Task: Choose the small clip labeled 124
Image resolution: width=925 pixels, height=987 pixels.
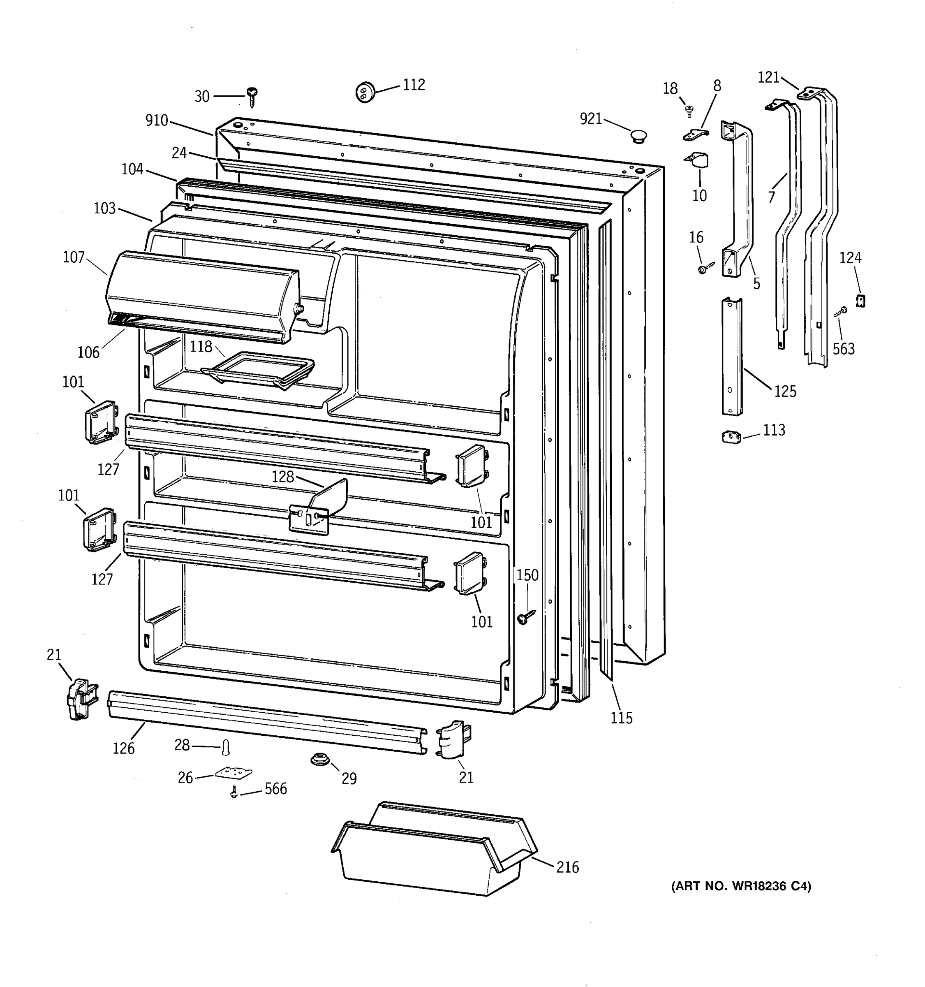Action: pos(860,300)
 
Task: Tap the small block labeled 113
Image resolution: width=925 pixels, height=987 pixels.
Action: pos(731,437)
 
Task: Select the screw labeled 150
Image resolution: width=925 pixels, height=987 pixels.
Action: pos(525,617)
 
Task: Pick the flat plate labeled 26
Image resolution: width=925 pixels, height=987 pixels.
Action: pos(233,773)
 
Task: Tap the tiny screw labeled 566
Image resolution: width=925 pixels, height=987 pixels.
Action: pos(233,792)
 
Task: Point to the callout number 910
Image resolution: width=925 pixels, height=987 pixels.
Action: pos(157,120)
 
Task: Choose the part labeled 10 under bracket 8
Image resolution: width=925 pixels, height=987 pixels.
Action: pos(699,160)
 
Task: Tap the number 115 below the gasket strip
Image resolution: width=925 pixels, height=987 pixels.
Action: pos(621,718)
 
